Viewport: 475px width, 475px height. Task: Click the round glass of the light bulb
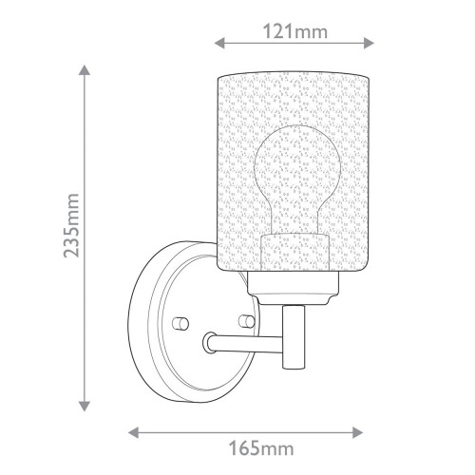295,166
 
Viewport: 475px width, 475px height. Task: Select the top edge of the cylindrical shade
295,68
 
